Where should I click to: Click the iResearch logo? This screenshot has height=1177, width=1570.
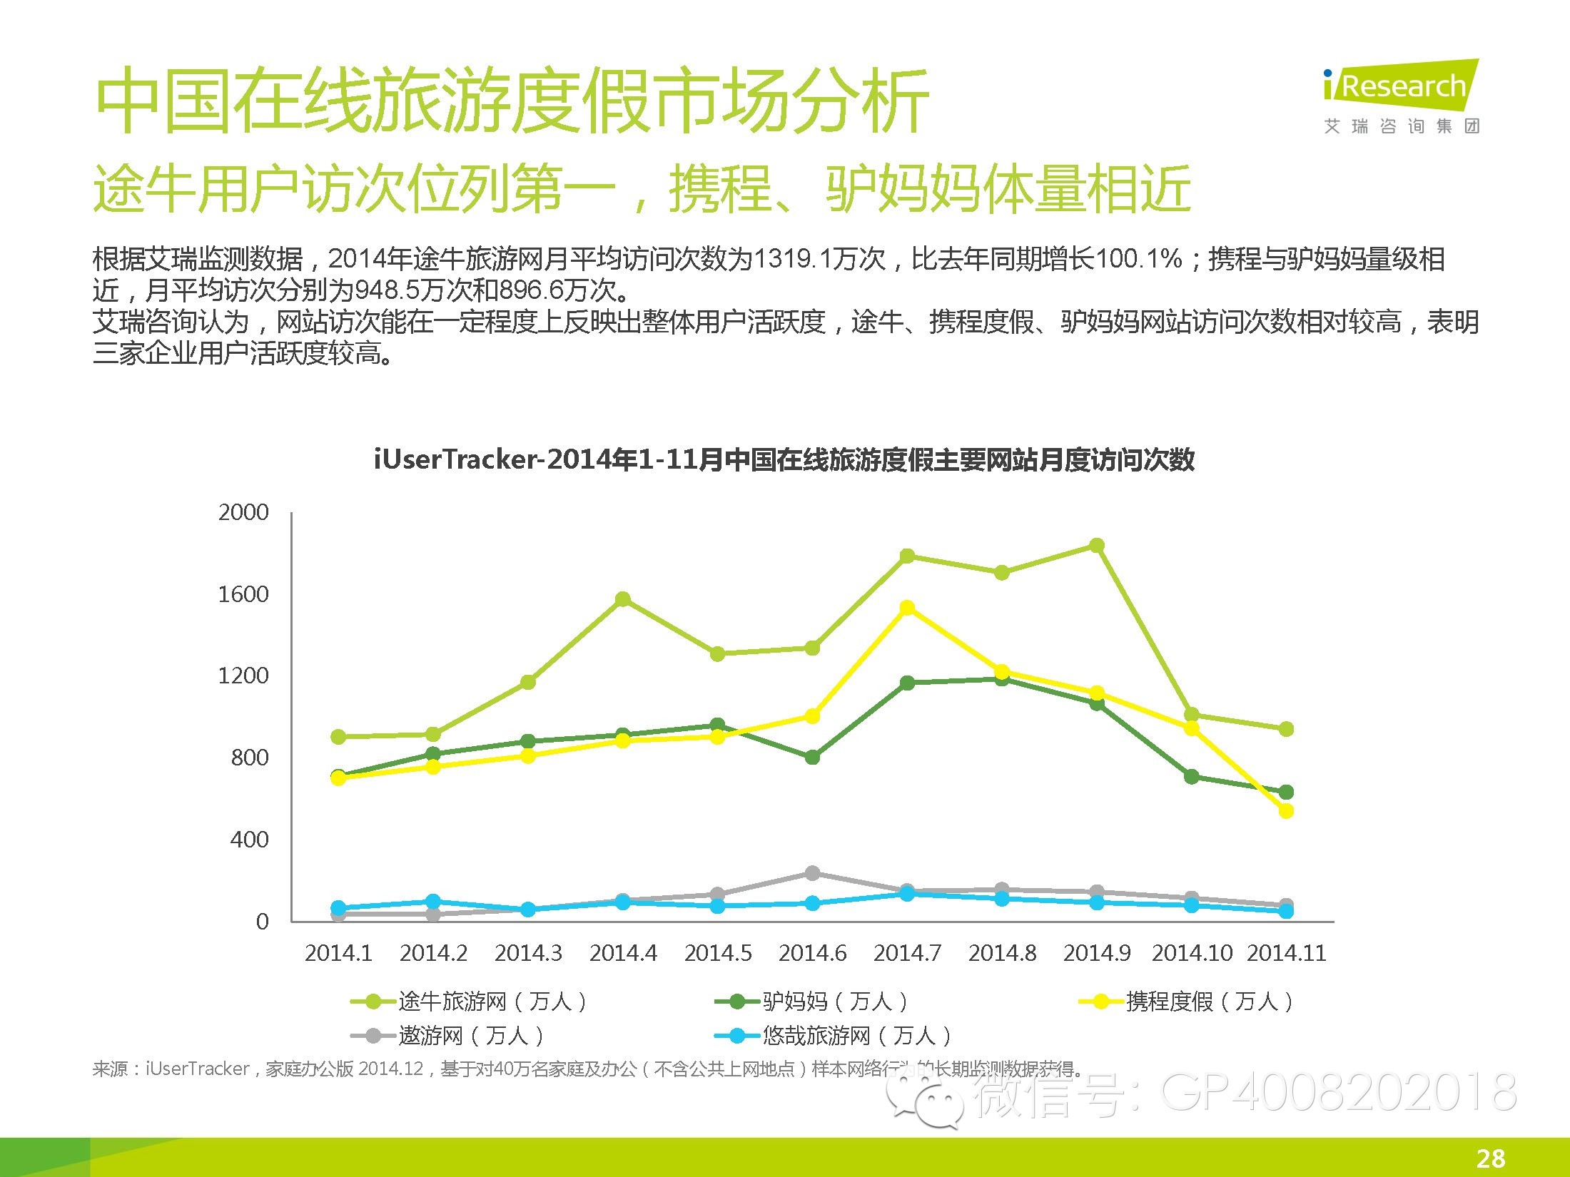point(1401,97)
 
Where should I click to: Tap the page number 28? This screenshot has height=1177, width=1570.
point(1491,1158)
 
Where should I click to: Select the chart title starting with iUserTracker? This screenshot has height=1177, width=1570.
point(784,459)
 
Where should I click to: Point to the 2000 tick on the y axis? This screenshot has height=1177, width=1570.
point(243,512)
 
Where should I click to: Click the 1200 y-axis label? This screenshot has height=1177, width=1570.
point(243,676)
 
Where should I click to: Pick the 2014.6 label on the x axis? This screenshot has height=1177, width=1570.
point(812,953)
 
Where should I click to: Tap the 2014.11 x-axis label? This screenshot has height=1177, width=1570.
point(1286,953)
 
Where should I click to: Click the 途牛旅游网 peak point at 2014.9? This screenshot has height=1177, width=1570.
point(1097,546)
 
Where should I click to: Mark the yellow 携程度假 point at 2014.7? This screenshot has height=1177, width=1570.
point(907,608)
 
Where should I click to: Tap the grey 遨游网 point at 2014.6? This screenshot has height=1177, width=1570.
point(812,873)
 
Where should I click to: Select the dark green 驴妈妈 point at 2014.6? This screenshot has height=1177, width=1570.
point(812,757)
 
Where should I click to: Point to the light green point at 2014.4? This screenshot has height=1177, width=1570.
point(623,598)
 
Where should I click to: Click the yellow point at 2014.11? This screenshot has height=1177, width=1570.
point(1286,811)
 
